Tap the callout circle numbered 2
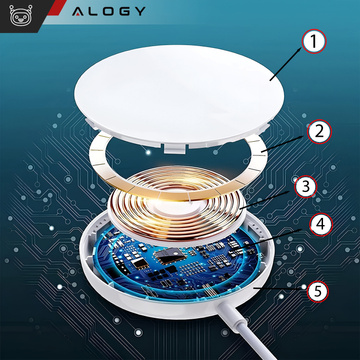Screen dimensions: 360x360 pos(319,131)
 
